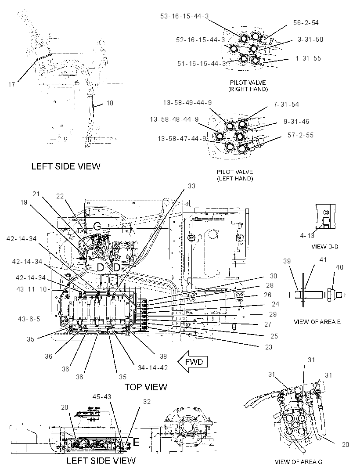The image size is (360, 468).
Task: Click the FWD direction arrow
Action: tap(193, 362)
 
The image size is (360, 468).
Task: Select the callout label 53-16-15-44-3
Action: tap(184, 16)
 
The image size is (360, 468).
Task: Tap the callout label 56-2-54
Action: tap(306, 23)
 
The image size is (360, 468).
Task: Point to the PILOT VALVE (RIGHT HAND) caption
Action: tap(248, 86)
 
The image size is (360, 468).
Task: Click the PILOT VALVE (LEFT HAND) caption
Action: tap(235, 175)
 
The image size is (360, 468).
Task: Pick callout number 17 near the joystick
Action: tap(11, 85)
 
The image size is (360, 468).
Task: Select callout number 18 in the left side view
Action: tap(110, 103)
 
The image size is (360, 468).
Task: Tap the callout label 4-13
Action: tap(307, 236)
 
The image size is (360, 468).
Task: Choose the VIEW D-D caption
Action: tap(325, 247)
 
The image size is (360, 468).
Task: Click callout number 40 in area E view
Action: tap(339, 267)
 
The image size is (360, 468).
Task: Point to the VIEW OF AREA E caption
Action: tap(317, 322)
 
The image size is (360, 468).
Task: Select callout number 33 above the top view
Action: tap(191, 186)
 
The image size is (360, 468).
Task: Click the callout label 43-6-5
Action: tap(29, 319)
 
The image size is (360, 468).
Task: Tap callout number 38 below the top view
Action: tap(163, 356)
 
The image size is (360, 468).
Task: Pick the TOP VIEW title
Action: tap(146, 387)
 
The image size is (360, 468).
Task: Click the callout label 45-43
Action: tap(102, 397)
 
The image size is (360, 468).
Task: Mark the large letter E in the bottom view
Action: tap(136, 442)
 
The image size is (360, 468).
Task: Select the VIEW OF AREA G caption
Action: tap(299, 462)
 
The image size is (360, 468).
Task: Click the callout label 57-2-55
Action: tap(300, 135)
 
